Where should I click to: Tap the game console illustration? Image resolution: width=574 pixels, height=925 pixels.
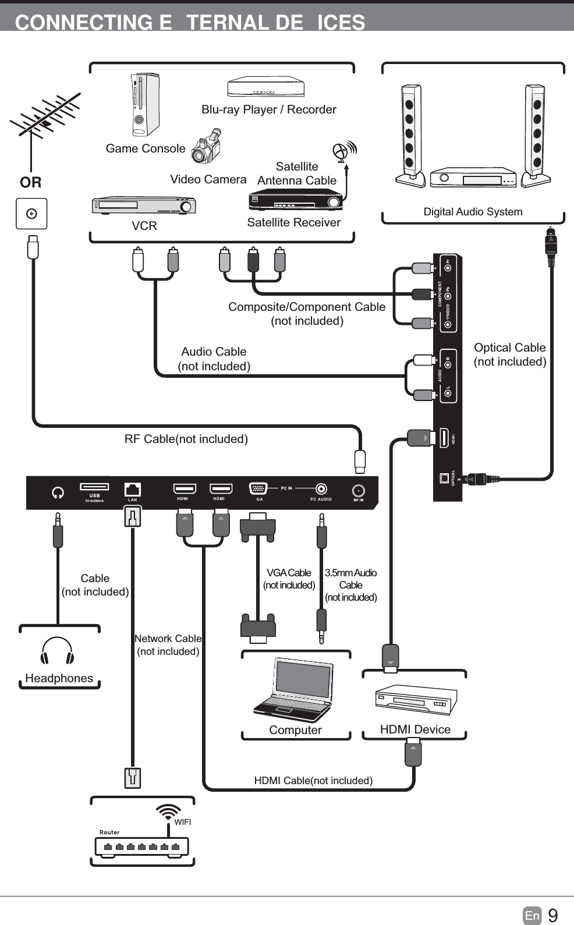[144, 105]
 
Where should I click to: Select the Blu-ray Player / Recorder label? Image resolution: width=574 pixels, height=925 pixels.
[268, 109]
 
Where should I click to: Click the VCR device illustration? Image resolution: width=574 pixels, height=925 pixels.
[144, 205]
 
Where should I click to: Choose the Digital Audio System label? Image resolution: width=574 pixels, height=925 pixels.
[473, 212]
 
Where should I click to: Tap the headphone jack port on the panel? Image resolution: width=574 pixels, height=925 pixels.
[58, 492]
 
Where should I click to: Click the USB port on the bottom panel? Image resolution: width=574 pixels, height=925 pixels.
[94, 487]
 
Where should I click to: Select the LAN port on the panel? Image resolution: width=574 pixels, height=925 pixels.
[133, 489]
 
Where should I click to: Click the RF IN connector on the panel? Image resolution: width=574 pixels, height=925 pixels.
[359, 490]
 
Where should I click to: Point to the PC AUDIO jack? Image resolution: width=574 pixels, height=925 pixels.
[321, 489]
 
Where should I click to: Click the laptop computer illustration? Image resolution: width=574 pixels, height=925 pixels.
[294, 690]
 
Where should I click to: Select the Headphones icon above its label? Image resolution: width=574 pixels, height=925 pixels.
[58, 651]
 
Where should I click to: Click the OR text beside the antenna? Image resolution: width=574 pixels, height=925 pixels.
[31, 183]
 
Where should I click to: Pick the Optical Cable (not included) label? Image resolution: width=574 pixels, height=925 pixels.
[510, 355]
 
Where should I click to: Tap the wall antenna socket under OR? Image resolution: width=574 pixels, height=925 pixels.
[31, 214]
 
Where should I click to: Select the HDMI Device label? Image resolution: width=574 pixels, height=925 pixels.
[415, 729]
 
